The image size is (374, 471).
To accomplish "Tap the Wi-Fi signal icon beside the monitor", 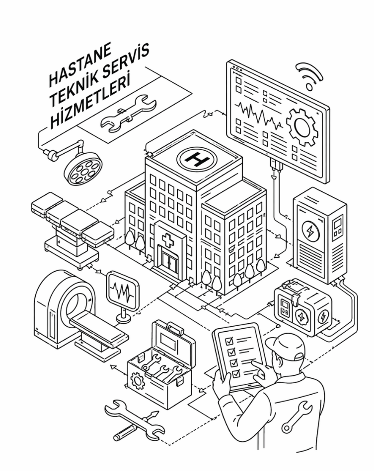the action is point(309,76).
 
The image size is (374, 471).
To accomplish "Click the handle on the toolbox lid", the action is point(175,328).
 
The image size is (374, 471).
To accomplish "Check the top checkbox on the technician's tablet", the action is point(229,341).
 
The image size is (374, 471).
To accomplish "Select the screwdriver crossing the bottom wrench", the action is point(136,426).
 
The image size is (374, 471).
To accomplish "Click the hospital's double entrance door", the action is point(169,261).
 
